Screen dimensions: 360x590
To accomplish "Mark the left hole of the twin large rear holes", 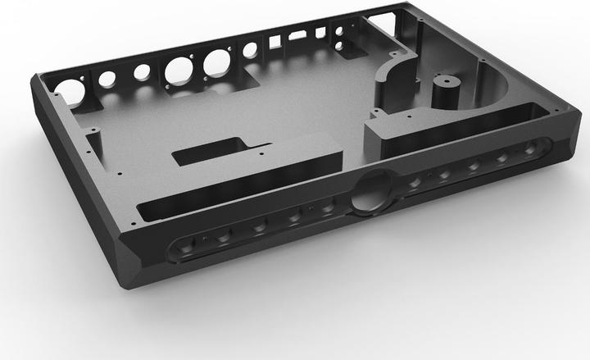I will coord(178,70).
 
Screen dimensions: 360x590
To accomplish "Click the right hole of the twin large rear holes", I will coord(216,62).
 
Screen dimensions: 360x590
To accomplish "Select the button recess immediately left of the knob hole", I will coord(329,208).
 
